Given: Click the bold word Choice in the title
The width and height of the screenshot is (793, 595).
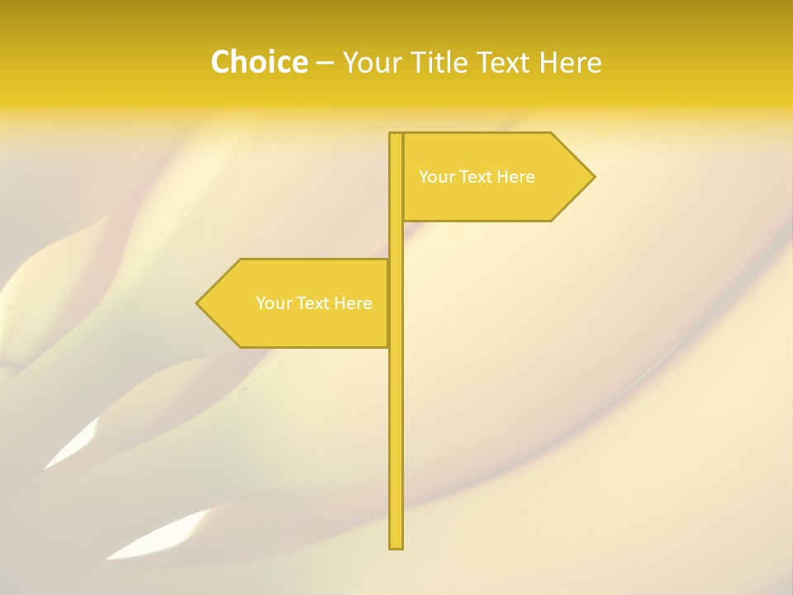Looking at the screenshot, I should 259,62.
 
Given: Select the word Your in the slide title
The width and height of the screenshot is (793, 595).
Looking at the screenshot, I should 369,62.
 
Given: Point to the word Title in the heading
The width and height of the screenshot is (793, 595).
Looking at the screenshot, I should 437,62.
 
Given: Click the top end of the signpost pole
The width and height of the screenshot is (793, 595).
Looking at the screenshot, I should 396,135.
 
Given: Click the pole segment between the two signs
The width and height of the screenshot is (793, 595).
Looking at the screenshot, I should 396,240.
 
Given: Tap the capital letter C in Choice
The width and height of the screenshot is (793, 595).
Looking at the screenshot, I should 221,62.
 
